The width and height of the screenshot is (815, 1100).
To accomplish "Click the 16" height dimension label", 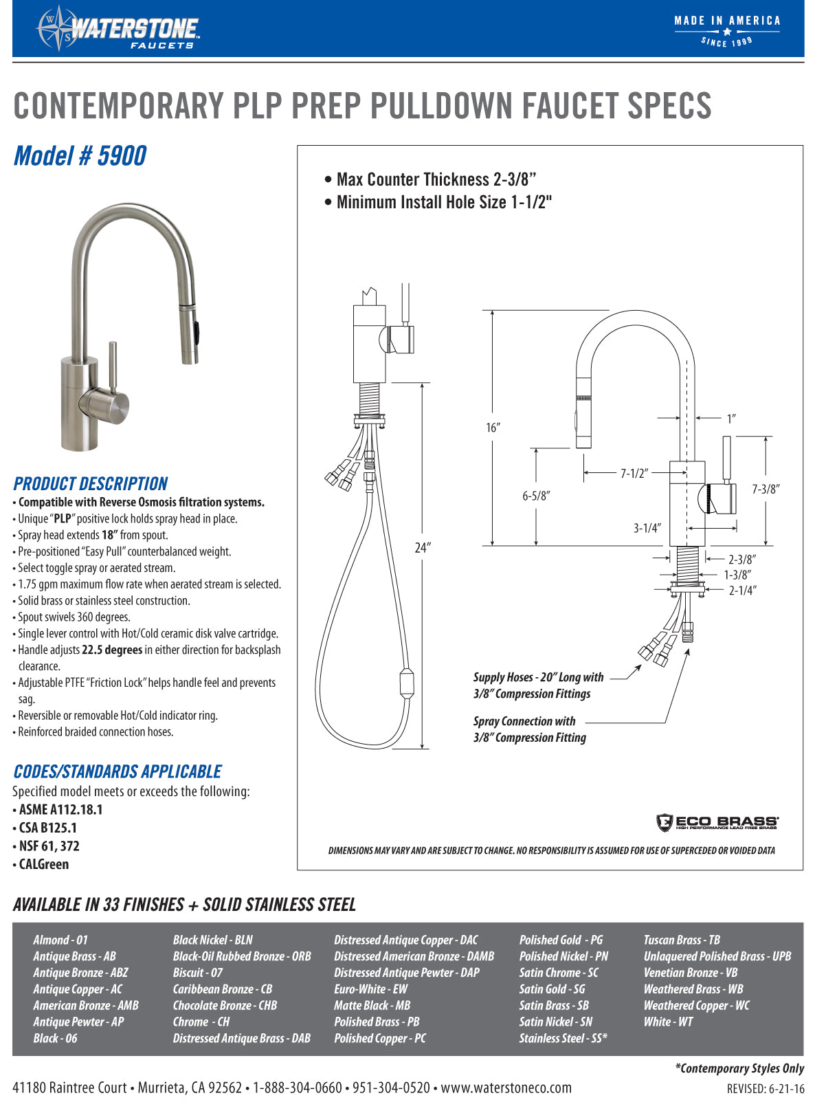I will (493, 428).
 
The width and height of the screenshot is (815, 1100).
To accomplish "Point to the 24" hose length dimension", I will (421, 548).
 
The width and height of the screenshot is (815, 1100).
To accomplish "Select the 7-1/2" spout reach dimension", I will (634, 473).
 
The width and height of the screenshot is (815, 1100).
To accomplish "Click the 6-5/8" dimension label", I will (536, 496).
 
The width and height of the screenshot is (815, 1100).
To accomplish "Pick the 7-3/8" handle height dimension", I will (766, 489).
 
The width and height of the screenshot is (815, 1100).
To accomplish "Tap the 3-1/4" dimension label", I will (647, 528).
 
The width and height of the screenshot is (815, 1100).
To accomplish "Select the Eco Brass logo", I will (717, 822).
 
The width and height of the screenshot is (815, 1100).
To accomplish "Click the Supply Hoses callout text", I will (538, 685).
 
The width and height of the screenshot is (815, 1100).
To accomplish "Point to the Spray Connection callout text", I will (529, 729).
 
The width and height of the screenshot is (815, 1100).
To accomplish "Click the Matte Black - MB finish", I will (372, 1005).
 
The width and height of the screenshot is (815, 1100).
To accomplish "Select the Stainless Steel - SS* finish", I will (563, 1038).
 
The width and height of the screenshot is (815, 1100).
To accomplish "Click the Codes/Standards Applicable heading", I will (118, 771).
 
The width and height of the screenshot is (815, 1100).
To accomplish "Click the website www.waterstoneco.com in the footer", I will (506, 1088).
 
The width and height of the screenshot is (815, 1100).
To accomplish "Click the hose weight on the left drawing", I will (406, 683).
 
